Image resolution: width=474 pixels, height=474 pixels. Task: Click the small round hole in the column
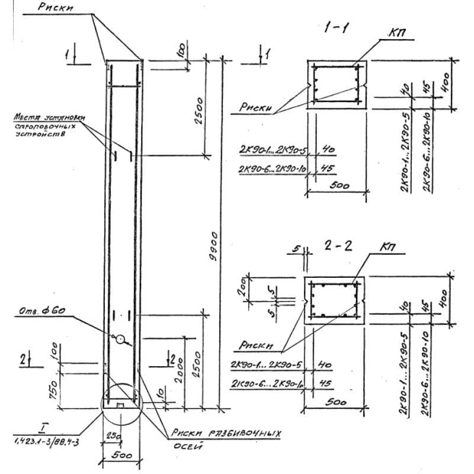point(120,340)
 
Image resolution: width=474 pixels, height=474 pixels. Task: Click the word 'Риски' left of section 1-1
point(255,108)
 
